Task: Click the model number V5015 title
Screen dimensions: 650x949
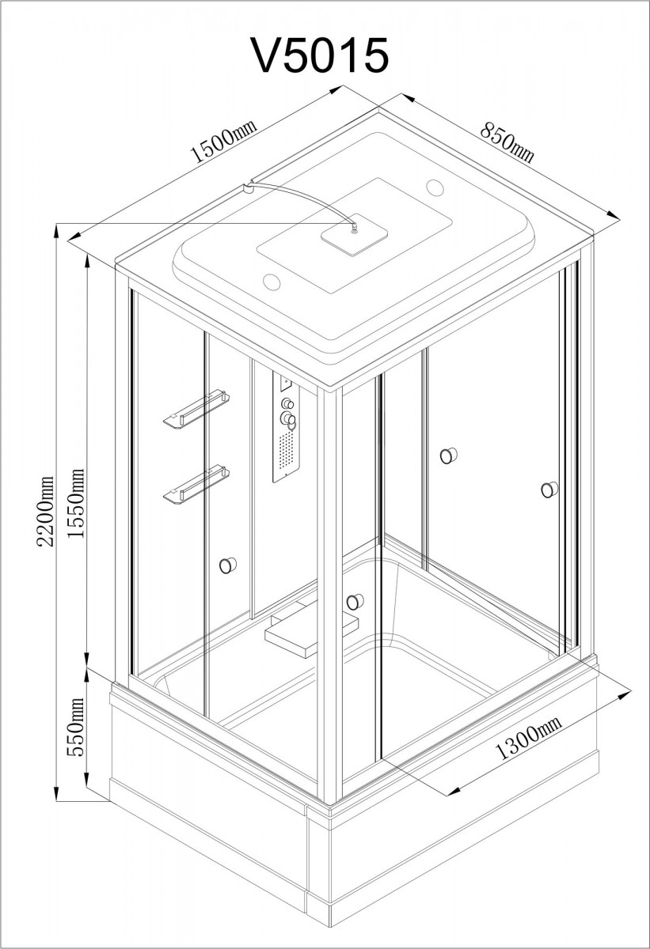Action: pyautogui.click(x=319, y=55)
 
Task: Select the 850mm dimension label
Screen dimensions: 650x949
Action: pyautogui.click(x=507, y=142)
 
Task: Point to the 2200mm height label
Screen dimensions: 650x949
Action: pyautogui.click(x=45, y=512)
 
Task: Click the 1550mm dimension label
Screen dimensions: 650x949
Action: pyautogui.click(x=76, y=503)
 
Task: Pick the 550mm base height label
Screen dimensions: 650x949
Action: pyautogui.click(x=76, y=727)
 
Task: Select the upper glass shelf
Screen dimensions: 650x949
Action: pyautogui.click(x=196, y=407)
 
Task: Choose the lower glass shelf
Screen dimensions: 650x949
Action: pyautogui.click(x=196, y=484)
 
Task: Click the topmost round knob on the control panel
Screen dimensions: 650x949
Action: pyautogui.click(x=287, y=403)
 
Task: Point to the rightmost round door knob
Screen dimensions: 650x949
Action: pyautogui.click(x=549, y=490)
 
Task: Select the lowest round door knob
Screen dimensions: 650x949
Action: pyautogui.click(x=355, y=602)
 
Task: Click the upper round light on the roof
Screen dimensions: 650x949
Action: pyautogui.click(x=435, y=187)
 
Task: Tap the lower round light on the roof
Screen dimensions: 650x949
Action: pyautogui.click(x=272, y=282)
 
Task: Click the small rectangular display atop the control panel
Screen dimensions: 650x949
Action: pyautogui.click(x=286, y=383)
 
